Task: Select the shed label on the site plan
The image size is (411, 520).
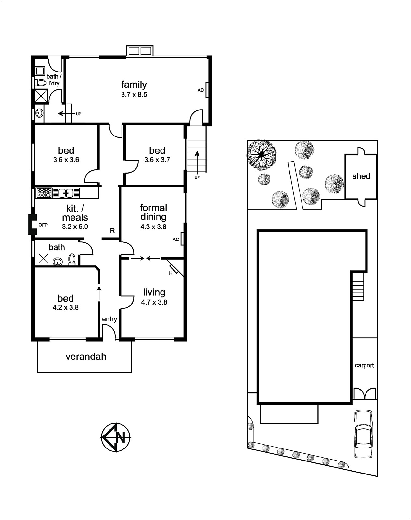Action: coord(361,176)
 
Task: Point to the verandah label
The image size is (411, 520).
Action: coord(86,357)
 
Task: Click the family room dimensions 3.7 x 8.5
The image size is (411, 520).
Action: coord(134,95)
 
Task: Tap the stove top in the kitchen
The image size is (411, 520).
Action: coord(44,193)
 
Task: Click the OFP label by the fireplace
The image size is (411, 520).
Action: coord(43,225)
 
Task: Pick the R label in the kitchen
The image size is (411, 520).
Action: coord(112,231)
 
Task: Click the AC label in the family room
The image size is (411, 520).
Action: coord(200,90)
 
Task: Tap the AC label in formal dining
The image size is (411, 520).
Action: coord(176,240)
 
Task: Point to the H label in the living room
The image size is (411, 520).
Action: coord(171,273)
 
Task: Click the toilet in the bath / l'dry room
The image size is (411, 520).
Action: coord(41,83)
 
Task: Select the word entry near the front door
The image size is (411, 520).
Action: coord(109,319)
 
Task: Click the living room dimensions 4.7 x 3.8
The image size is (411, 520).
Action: coord(154,302)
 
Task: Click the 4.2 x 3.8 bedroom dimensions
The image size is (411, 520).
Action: coord(66,307)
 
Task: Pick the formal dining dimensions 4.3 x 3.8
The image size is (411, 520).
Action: coord(153,227)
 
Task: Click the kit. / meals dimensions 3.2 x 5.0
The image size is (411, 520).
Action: coord(75,227)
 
